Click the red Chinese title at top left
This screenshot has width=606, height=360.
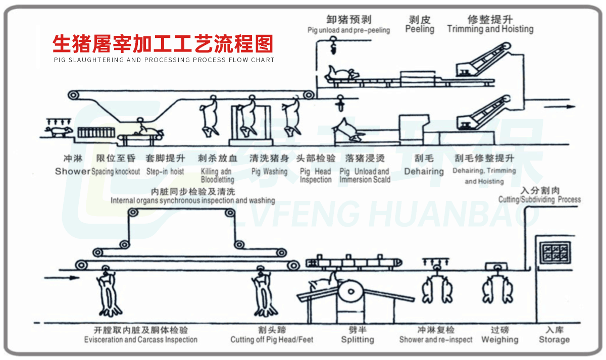[163, 44]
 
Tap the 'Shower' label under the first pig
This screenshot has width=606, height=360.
[72, 172]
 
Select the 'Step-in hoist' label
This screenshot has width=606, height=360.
[165, 172]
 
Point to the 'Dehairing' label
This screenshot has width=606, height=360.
[424, 172]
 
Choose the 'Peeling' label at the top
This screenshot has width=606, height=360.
[420, 29]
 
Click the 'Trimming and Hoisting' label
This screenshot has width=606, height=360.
[490, 29]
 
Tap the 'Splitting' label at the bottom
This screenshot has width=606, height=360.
[358, 340]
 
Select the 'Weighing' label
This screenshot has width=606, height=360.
[500, 340]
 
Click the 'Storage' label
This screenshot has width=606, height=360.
[554, 340]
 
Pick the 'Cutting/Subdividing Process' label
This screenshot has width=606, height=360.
[539, 199]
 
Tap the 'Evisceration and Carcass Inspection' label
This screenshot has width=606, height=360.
[140, 340]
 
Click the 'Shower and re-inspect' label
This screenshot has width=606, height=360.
[436, 340]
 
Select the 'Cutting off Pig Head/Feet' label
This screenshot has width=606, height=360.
[272, 340]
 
